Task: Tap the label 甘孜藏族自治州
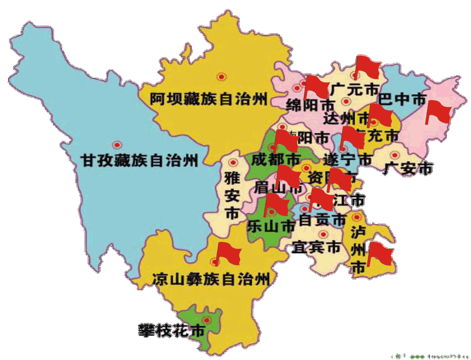click(139, 160)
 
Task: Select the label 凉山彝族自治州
click(211, 279)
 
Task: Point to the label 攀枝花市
click(171, 331)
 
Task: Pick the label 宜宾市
click(316, 247)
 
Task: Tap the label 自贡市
click(323, 220)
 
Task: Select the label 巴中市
click(402, 99)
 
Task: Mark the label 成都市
click(275, 159)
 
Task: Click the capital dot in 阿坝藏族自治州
click(221, 77)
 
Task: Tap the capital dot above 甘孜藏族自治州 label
click(117, 145)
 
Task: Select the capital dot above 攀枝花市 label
click(206, 319)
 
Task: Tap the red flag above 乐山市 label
click(276, 205)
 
